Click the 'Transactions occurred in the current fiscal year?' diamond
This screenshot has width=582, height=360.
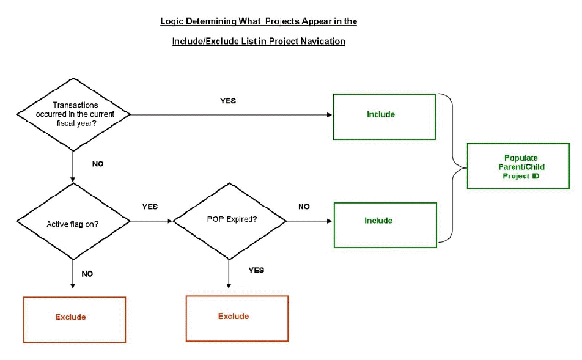73,114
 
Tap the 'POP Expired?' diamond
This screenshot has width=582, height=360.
229,220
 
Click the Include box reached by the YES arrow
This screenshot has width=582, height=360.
384,116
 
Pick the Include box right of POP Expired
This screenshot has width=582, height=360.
385,224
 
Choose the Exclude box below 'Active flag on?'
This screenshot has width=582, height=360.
74,319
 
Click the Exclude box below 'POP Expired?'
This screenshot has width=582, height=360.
237,318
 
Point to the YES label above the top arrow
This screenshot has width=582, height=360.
228,100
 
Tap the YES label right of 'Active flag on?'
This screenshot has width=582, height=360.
150,207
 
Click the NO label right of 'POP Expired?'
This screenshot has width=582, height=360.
304,207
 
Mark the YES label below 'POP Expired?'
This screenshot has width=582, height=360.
256,270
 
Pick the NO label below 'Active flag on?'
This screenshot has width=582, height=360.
87,274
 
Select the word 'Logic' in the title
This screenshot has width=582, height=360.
171,21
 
